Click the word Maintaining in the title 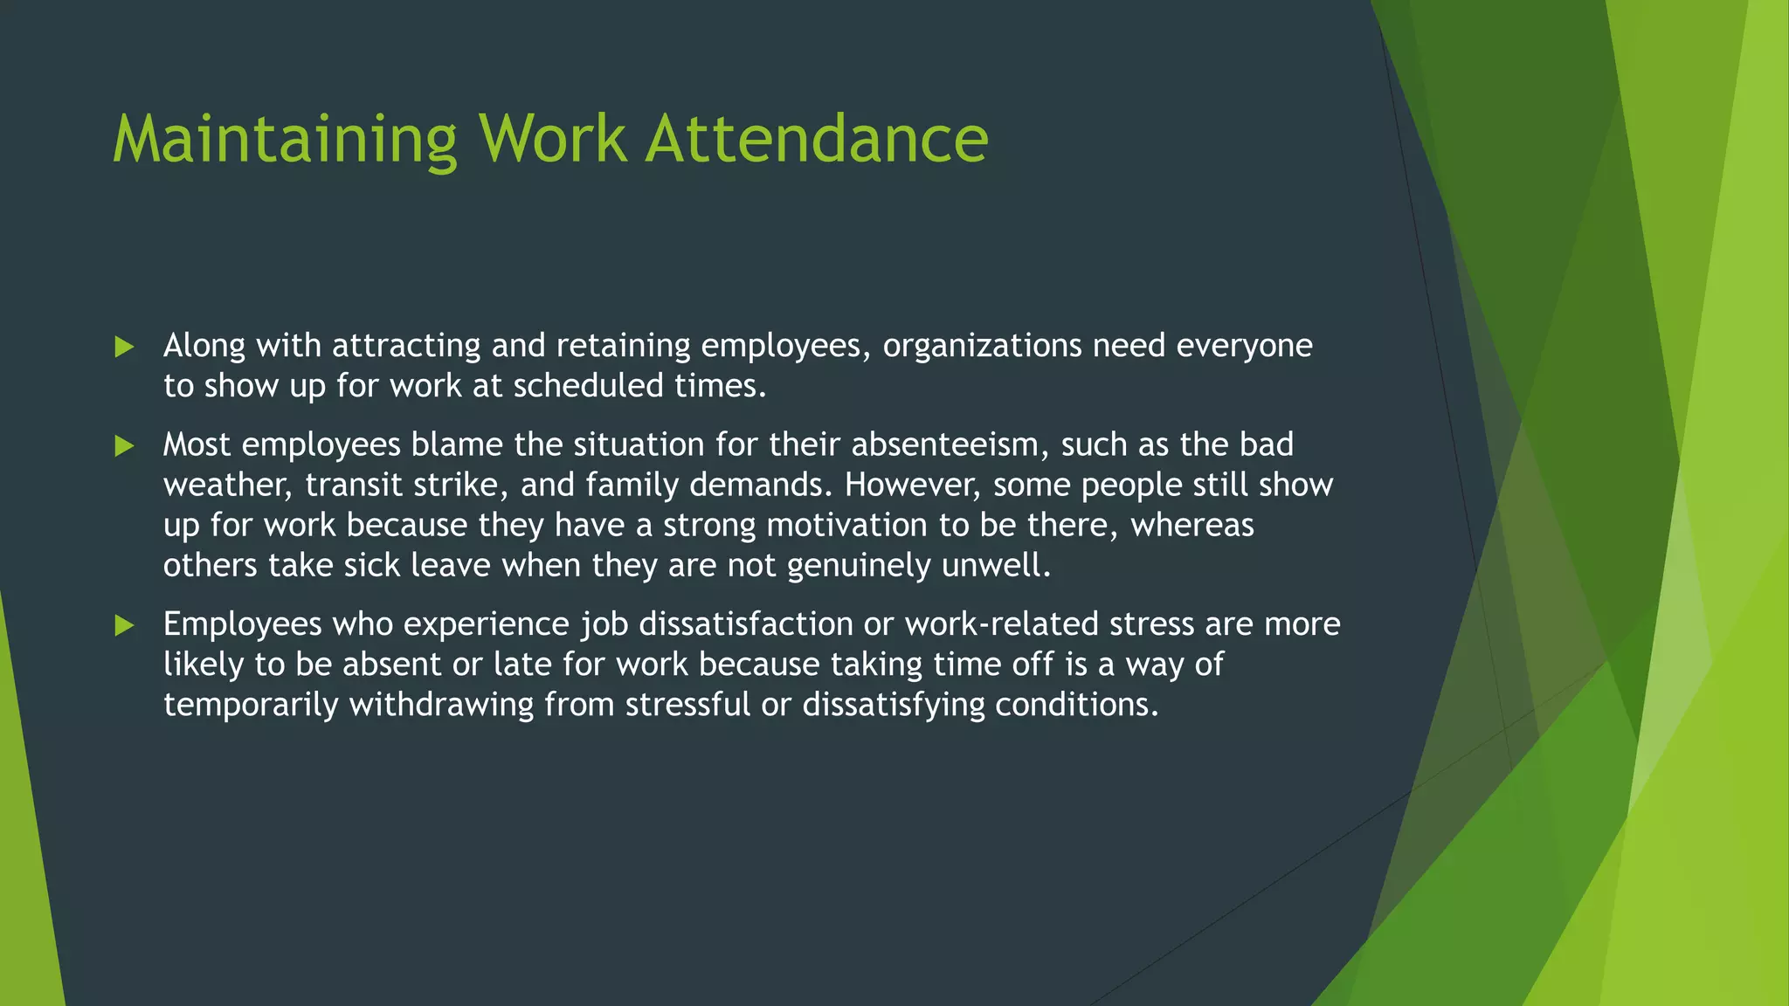pyautogui.click(x=285, y=140)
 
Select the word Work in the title pyautogui.click(x=552, y=140)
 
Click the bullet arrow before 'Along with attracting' pyautogui.click(x=125, y=348)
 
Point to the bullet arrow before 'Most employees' pyautogui.click(x=125, y=447)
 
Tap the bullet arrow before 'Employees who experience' pyautogui.click(x=125, y=625)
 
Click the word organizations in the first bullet pyautogui.click(x=982, y=347)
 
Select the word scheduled pyautogui.click(x=588, y=386)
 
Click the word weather pyautogui.click(x=227, y=486)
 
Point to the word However pyautogui.click(x=913, y=486)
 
